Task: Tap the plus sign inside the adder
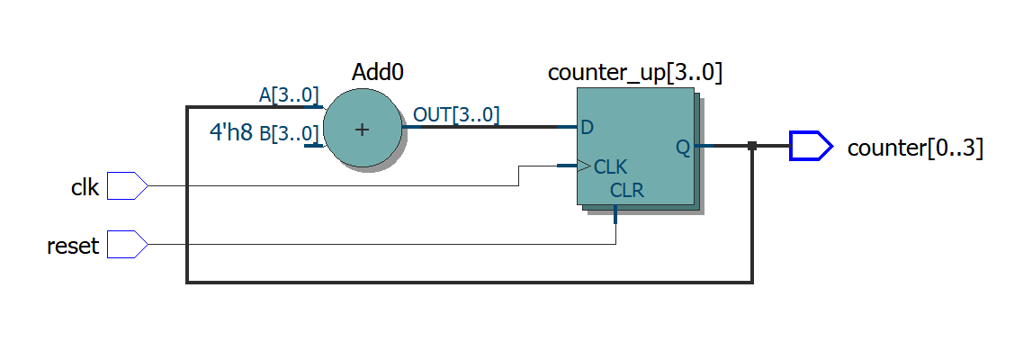pos(362,130)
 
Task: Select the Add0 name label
pos(377,73)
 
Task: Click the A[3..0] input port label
pos(288,95)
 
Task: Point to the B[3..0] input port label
pos(289,134)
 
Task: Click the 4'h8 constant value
pos(230,133)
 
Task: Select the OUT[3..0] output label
pos(456,114)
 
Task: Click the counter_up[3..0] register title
pos(635,73)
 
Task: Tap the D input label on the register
pos(587,128)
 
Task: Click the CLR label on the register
pos(626,190)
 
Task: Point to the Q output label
pos(683,148)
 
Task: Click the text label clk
pos(85,187)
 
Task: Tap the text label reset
pos(73,246)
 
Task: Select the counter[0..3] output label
pos(915,148)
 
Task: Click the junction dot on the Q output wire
pos(752,146)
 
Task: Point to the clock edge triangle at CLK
pos(583,166)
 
